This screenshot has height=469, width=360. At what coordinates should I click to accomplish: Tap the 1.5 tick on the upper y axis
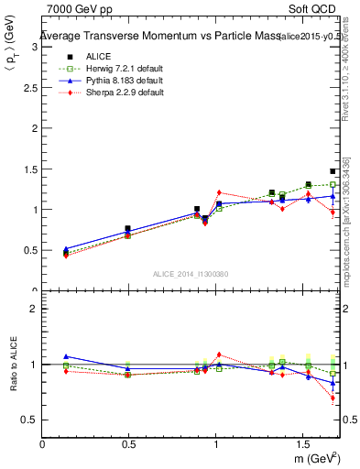coord(30,169)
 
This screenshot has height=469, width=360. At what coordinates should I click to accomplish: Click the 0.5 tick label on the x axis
coord(129,444)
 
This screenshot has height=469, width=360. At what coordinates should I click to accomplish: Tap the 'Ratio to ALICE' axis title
coord(13,365)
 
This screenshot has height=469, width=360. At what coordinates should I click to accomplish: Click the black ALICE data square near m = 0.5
coord(127,229)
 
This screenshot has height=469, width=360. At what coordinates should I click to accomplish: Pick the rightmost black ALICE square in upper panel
coord(333,171)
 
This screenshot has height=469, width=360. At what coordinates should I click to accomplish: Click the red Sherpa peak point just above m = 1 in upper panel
coord(219,192)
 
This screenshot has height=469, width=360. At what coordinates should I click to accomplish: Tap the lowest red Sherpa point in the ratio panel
coord(333,398)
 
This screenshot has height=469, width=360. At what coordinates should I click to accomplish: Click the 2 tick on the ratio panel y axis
coord(33,309)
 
